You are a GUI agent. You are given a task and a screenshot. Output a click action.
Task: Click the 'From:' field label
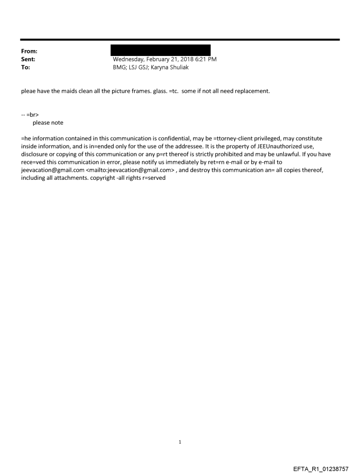(29, 52)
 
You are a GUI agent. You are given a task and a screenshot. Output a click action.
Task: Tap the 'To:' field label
(26, 67)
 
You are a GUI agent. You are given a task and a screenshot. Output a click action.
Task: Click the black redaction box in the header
(160, 50)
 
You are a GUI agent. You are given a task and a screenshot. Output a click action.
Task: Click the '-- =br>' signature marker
(30, 114)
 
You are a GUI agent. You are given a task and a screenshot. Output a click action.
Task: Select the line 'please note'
(48, 123)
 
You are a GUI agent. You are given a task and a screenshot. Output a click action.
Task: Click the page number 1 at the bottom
(180, 442)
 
